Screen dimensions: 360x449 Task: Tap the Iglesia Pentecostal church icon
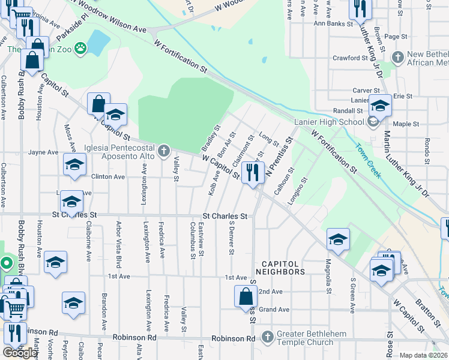point(164,150)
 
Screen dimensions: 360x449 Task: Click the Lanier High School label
point(330,122)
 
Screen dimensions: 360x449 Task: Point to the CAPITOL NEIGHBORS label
point(280,268)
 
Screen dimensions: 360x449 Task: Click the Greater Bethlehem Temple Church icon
point(267,338)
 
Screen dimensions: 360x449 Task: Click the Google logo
point(20,353)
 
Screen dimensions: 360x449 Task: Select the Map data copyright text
point(423,355)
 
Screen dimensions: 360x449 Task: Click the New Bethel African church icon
point(397,58)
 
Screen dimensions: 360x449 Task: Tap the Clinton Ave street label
point(107,177)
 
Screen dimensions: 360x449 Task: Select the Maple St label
point(405,124)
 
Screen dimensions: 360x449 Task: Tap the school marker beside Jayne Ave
point(74,165)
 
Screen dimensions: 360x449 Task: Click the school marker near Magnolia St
point(338,239)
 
